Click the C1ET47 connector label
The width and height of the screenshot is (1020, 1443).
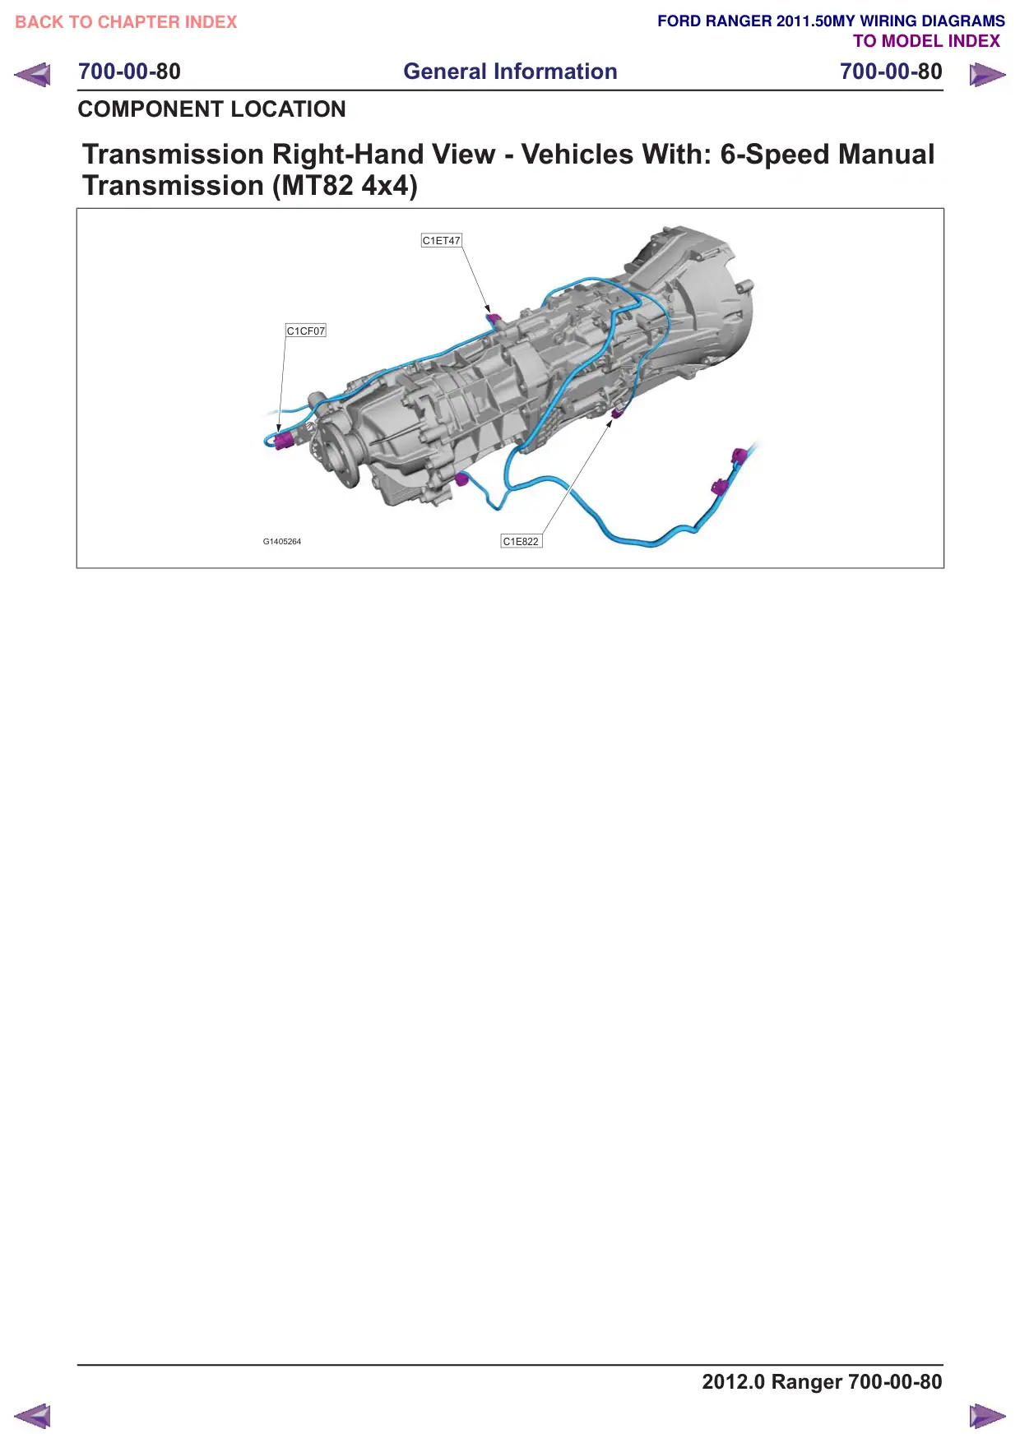pos(441,240)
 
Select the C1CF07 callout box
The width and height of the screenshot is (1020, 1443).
pos(306,331)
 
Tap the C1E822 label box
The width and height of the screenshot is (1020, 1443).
pos(522,541)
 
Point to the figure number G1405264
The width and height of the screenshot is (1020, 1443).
pos(282,542)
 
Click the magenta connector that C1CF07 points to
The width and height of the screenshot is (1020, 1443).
pos(283,440)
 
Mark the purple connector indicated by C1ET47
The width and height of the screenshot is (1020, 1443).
pos(494,317)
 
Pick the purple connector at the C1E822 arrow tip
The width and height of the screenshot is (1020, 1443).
pos(616,411)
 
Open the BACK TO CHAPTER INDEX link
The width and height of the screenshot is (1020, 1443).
pos(126,22)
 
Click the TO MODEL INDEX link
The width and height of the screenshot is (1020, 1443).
pos(927,41)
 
